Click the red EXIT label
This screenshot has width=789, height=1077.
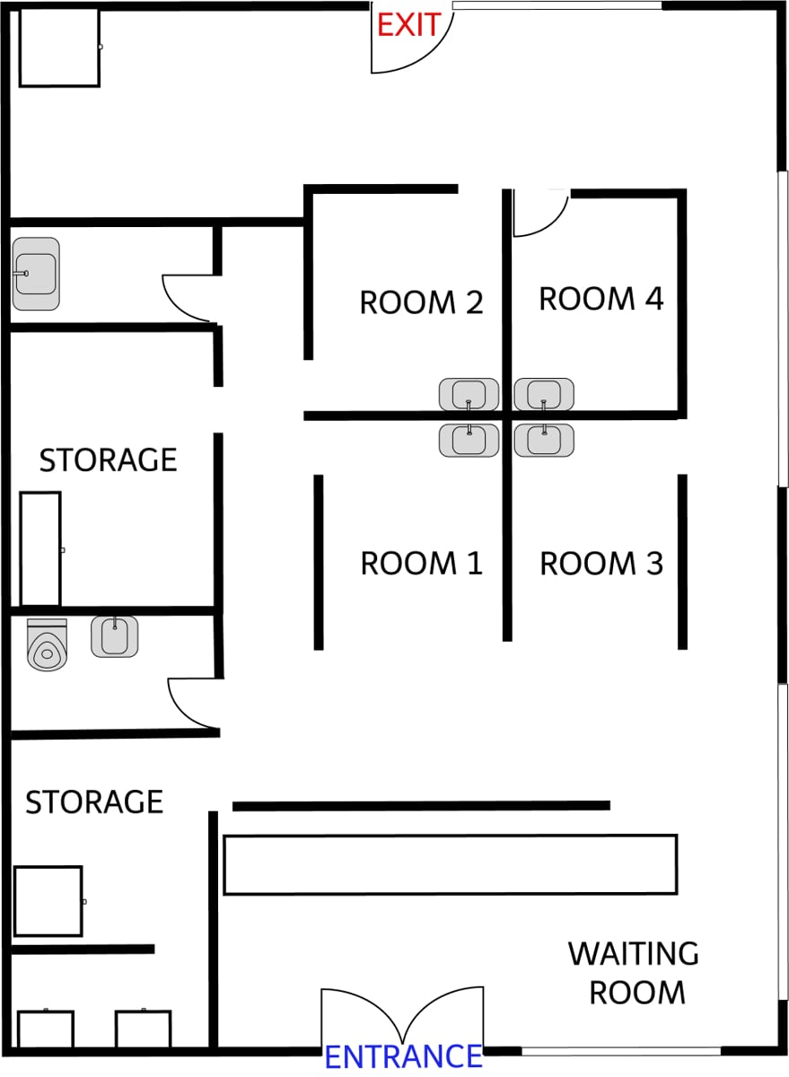click(x=408, y=24)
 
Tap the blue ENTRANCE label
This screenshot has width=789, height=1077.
click(x=403, y=1057)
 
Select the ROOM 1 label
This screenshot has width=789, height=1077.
click(x=421, y=564)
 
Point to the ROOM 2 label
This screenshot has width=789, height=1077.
click(x=421, y=302)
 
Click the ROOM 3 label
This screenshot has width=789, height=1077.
click(x=601, y=564)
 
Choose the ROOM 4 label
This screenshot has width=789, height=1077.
click(x=601, y=299)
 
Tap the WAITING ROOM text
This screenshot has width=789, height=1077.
click(x=634, y=973)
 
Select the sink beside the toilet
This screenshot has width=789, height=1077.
click(x=115, y=636)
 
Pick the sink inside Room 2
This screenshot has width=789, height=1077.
click(x=469, y=394)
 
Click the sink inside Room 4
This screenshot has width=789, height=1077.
click(x=544, y=394)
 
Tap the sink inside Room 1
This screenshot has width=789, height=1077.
click(x=469, y=440)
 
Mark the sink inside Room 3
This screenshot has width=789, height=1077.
click(x=544, y=440)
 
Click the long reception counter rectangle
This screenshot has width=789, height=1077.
click(x=450, y=864)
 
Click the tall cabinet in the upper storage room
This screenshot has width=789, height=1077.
click(x=40, y=548)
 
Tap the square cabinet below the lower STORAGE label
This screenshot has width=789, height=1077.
click(x=48, y=901)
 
